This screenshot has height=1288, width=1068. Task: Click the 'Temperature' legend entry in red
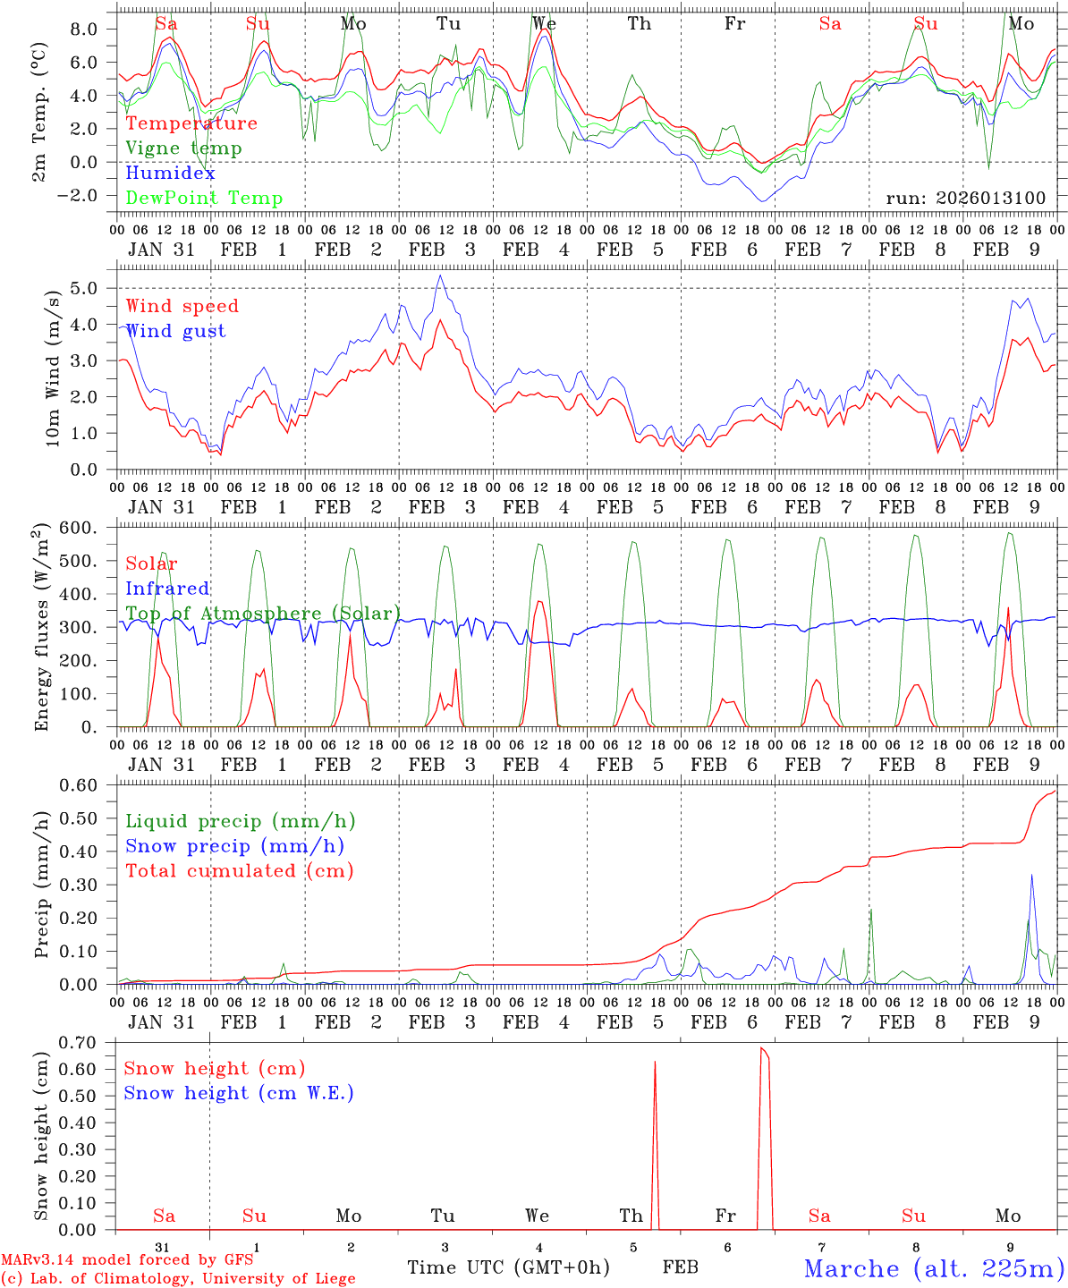pyautogui.click(x=191, y=123)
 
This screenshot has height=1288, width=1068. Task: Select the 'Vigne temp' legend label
pyautogui.click(x=183, y=148)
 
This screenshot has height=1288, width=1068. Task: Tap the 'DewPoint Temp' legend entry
pyautogui.click(x=204, y=199)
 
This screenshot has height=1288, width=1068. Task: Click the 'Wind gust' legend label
pyautogui.click(x=175, y=331)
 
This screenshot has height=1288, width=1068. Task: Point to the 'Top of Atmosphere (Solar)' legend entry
pyautogui.click(x=263, y=614)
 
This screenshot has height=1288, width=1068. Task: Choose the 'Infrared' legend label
pyautogui.click(x=167, y=589)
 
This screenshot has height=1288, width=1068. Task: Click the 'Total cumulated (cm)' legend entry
pyautogui.click(x=240, y=870)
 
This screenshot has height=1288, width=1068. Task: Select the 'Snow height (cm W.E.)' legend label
pyautogui.click(x=239, y=1093)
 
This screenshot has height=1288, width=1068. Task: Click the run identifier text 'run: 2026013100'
pyautogui.click(x=966, y=198)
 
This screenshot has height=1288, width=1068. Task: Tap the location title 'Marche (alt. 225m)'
pyautogui.click(x=934, y=1268)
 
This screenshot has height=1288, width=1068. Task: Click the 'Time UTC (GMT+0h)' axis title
pyautogui.click(x=508, y=1267)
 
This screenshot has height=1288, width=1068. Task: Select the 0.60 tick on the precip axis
pyautogui.click(x=89, y=785)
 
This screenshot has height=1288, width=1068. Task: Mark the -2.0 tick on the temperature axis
pyautogui.click(x=87, y=196)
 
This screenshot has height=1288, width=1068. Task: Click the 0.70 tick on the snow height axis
pyautogui.click(x=87, y=1042)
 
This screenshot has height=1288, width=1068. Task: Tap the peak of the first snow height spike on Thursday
pyautogui.click(x=655, y=1062)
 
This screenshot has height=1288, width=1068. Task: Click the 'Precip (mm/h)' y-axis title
pyautogui.click(x=42, y=885)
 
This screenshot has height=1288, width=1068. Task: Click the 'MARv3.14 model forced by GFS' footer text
pyautogui.click(x=127, y=1260)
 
